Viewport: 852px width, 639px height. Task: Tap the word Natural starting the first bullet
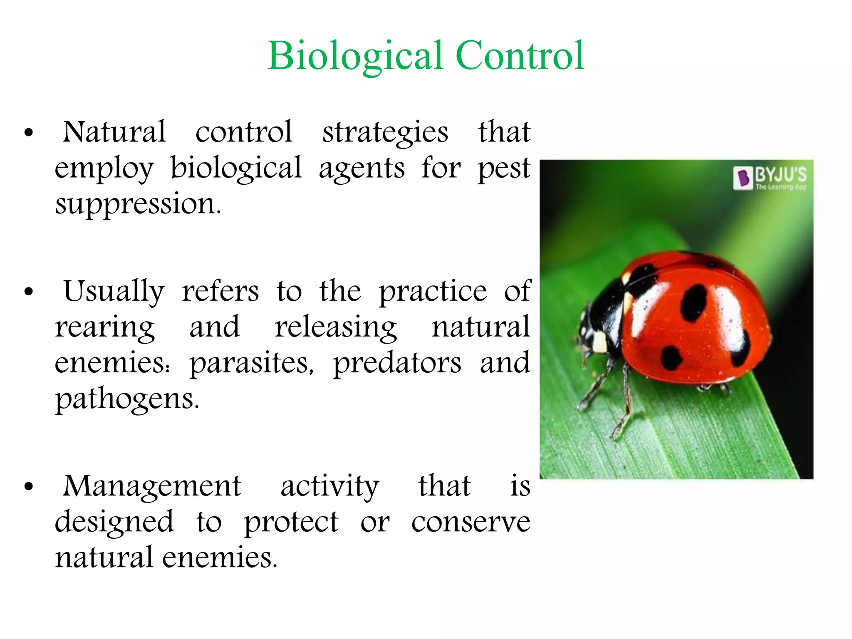(x=114, y=132)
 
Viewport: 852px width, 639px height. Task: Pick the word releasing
(x=336, y=328)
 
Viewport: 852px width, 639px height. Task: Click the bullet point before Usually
(x=28, y=292)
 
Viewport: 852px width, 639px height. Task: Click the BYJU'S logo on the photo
(x=770, y=178)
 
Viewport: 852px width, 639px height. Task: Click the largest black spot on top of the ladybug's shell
(x=693, y=302)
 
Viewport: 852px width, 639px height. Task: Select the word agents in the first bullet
(x=362, y=169)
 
